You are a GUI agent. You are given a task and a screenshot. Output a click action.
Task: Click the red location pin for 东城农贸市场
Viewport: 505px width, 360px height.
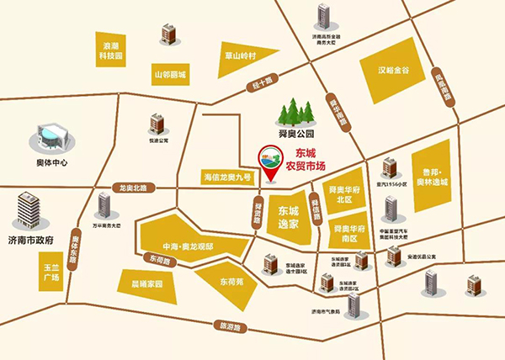point(270,164)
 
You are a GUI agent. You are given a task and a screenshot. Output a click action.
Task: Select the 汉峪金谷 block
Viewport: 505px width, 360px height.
point(399,72)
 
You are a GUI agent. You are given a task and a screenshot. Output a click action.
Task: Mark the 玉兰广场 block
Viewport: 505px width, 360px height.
point(51,273)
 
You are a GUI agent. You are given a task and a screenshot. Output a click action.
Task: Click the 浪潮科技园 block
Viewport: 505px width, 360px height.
point(112,46)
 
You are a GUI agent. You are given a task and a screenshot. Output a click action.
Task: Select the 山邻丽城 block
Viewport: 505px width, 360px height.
point(170,75)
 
